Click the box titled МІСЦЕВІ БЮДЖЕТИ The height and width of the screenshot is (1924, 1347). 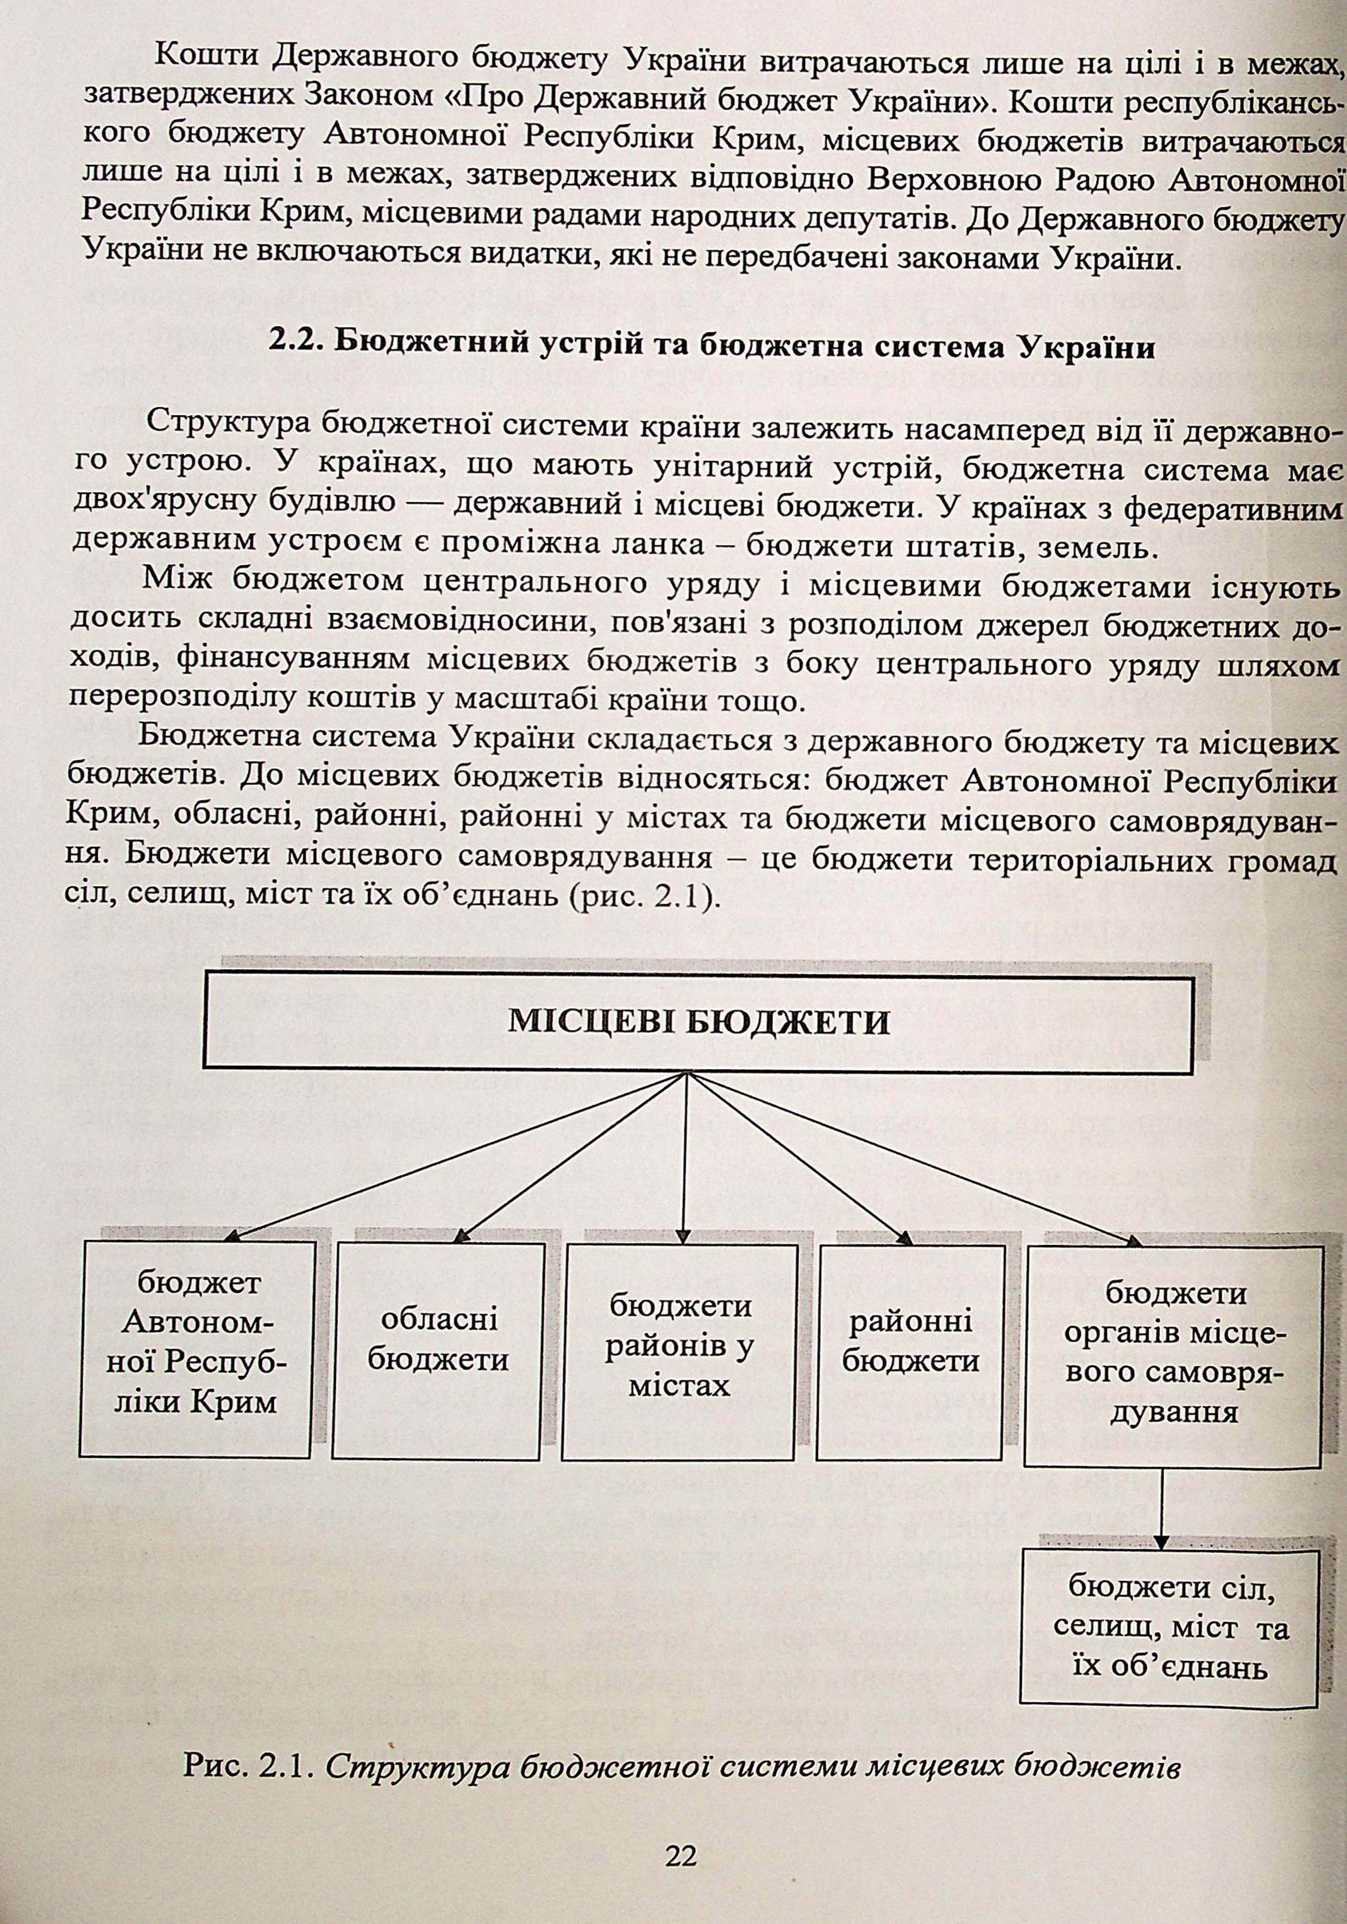tap(698, 1023)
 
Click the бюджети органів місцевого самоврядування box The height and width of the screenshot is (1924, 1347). tap(1174, 1353)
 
